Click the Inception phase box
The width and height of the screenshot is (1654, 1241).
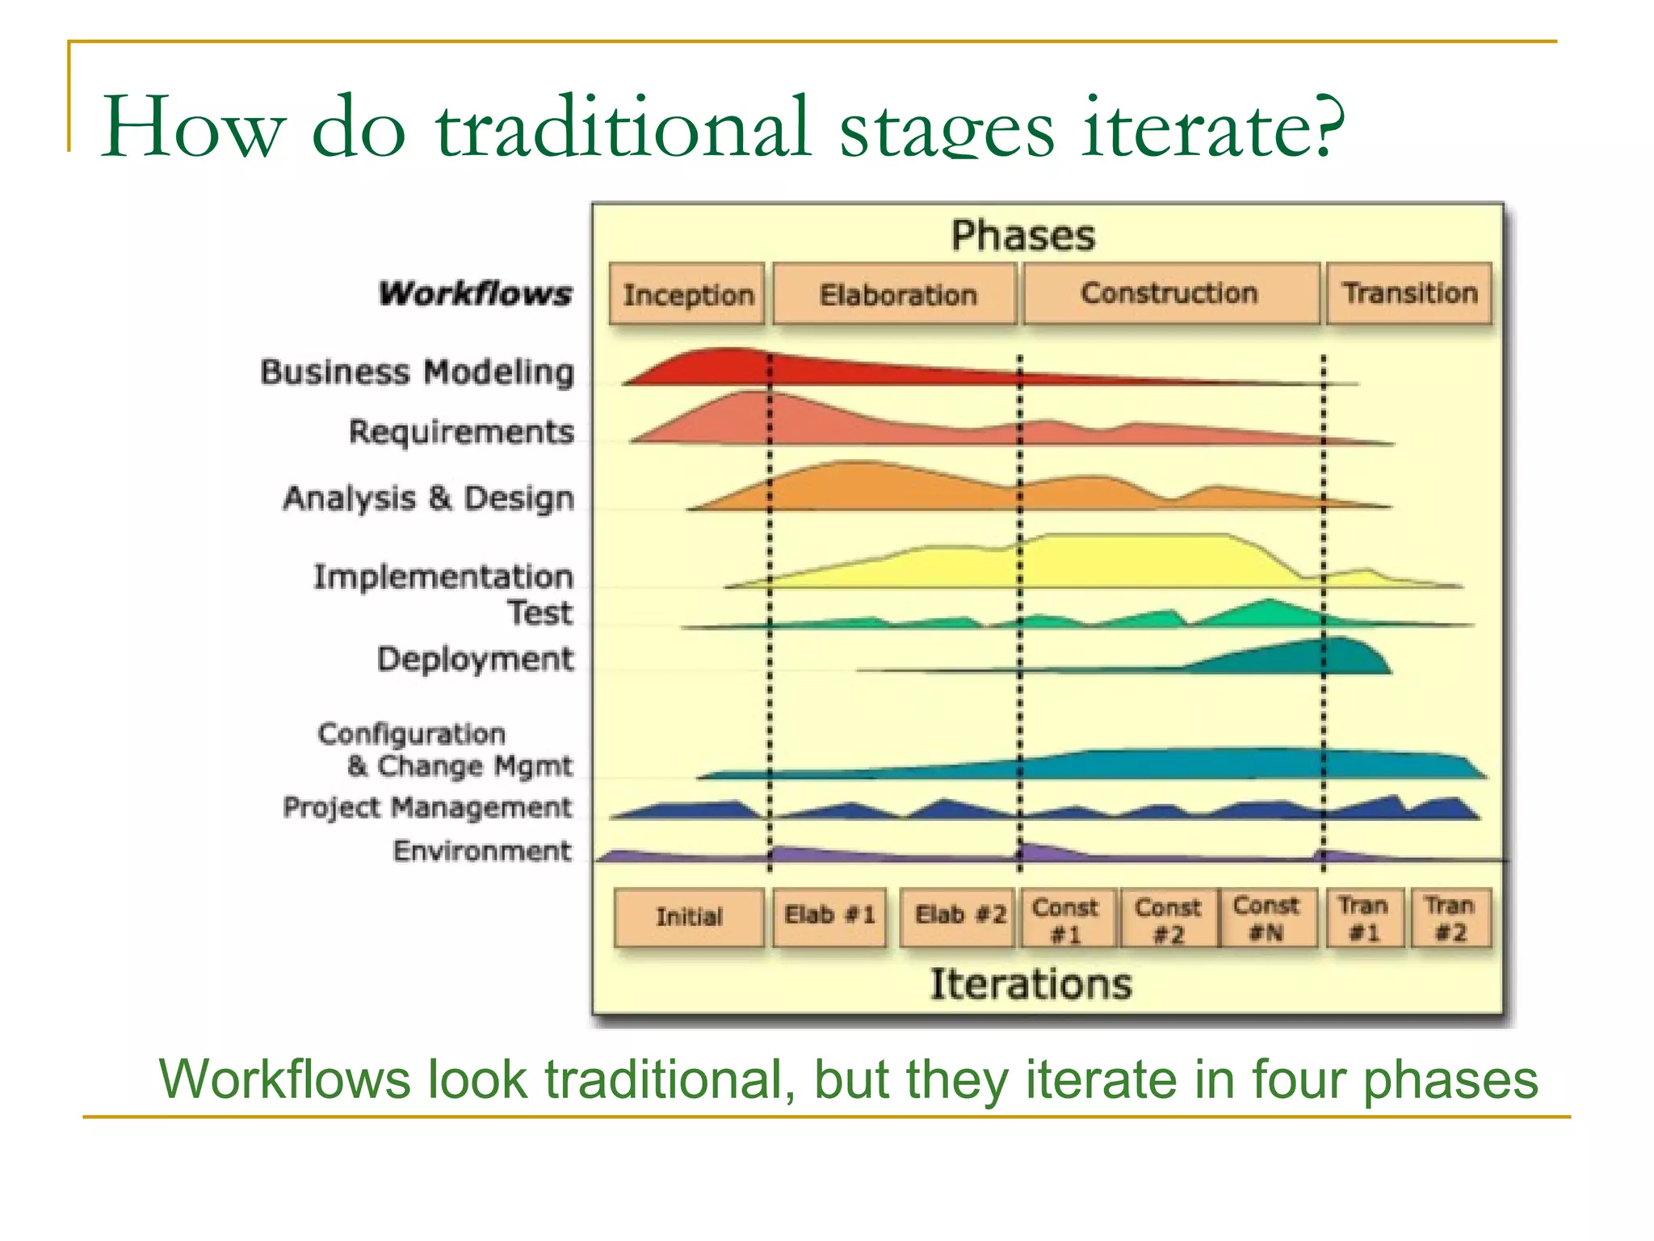[687, 294]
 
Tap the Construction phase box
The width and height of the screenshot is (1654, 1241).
[1170, 293]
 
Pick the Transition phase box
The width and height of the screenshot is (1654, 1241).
[1409, 293]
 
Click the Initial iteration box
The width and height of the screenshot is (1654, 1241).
[689, 917]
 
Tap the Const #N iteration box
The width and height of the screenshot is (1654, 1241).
[1266, 918]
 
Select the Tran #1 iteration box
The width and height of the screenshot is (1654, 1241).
[1363, 918]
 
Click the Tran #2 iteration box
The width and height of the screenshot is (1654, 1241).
[1450, 918]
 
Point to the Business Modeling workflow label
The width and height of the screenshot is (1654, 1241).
[417, 372]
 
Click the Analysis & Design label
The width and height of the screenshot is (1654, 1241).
[428, 499]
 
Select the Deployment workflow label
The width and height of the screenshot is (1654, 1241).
[475, 659]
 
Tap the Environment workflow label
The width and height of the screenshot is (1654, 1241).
[482, 851]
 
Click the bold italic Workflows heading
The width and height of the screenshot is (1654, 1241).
[475, 293]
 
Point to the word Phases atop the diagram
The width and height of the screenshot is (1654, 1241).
[1022, 236]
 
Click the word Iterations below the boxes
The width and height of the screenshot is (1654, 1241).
[1031, 984]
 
